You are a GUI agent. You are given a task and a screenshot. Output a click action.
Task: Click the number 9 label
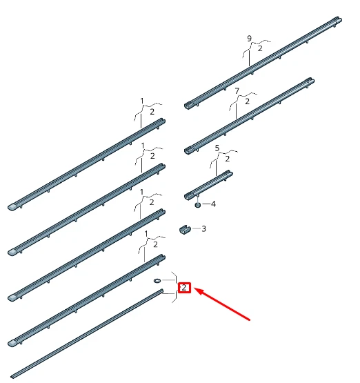point(250,38)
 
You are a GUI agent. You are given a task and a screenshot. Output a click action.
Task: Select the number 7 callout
point(237,91)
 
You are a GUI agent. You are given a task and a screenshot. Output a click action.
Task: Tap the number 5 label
point(217,148)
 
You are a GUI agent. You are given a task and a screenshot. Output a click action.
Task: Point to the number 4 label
point(213,204)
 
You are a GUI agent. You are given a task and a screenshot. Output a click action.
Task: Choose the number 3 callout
point(203,228)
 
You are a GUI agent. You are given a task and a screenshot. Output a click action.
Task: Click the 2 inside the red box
point(184,288)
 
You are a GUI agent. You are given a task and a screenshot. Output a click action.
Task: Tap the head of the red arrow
point(197,291)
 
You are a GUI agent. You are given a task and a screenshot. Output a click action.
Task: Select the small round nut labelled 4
point(198,204)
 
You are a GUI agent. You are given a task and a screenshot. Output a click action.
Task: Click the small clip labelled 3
point(184,229)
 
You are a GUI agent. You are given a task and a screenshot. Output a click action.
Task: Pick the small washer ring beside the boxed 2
point(157,282)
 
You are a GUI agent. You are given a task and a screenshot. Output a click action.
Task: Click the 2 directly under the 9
point(260,48)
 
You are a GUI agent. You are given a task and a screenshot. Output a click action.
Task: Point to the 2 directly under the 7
point(248,101)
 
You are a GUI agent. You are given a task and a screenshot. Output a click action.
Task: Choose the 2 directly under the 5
point(228,158)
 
